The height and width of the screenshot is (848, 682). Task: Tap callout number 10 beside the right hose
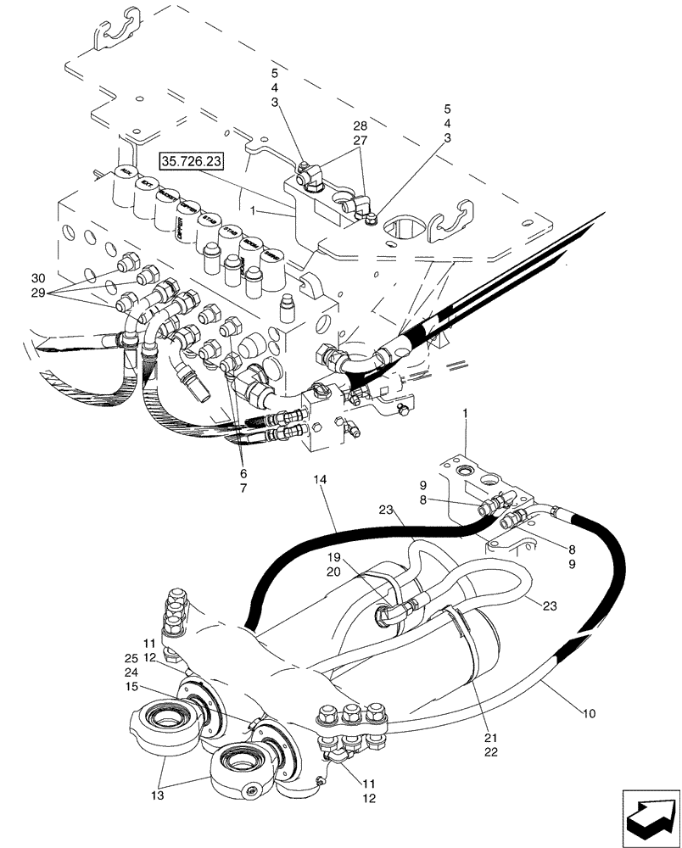coord(588,713)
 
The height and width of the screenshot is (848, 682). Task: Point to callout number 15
coord(132,686)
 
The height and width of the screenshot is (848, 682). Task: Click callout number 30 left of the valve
coord(37,279)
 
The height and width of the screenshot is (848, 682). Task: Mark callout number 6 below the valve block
coord(243,473)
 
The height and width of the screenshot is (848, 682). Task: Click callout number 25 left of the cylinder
coord(132,659)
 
